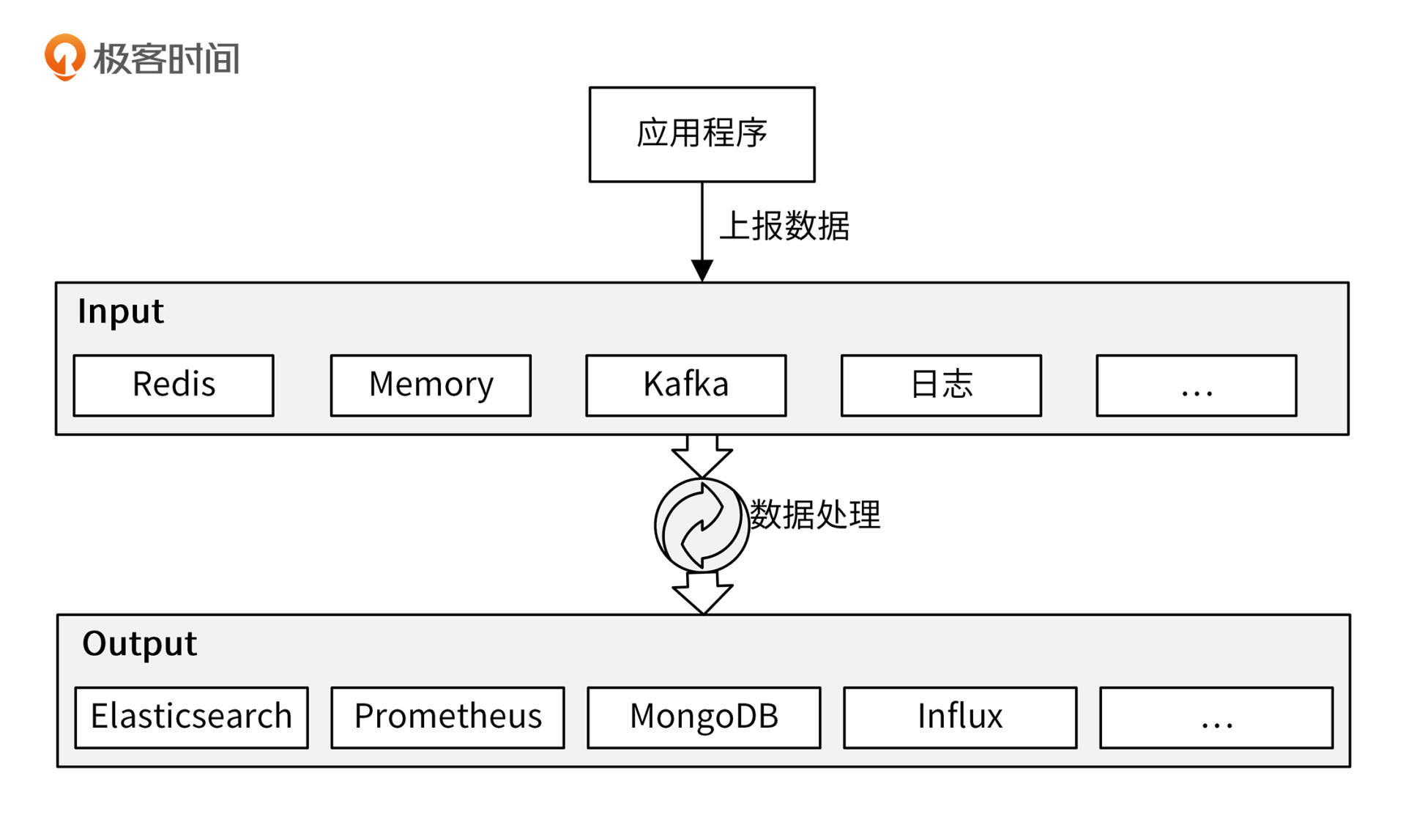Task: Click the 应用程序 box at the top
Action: (x=702, y=134)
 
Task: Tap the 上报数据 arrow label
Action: (x=784, y=226)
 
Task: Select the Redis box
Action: (x=174, y=385)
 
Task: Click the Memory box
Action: (x=431, y=385)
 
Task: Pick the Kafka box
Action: (x=685, y=385)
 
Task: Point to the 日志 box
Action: (x=941, y=385)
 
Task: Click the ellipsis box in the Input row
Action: (x=1196, y=385)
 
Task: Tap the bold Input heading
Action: (x=121, y=311)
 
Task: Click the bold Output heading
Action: (x=139, y=644)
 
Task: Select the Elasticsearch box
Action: (x=191, y=717)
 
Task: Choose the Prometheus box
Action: (x=447, y=717)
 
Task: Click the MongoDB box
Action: (x=704, y=717)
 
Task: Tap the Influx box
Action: (x=960, y=717)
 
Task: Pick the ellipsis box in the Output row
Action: (x=1216, y=717)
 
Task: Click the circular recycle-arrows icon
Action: (x=702, y=525)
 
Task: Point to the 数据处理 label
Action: (x=815, y=514)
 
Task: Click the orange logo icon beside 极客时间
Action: (x=64, y=56)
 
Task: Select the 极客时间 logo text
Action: (x=166, y=59)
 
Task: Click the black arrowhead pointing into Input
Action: (x=702, y=270)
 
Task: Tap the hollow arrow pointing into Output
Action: (x=702, y=594)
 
